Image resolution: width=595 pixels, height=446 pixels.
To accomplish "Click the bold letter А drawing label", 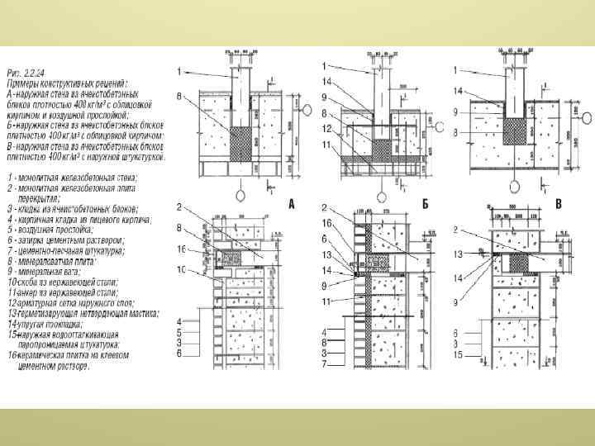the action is click(x=292, y=203).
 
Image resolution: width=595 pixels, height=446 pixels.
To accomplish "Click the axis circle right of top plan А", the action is click(x=301, y=129).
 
